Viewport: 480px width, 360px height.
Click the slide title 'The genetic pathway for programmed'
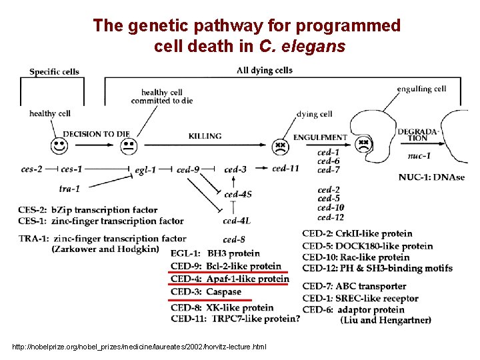(x=247, y=26)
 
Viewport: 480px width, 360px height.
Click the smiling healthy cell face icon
(x=60, y=145)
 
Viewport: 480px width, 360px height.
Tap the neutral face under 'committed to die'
(x=128, y=145)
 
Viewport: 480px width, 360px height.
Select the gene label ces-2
(x=31, y=169)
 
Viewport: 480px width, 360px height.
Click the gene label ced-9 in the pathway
(x=188, y=170)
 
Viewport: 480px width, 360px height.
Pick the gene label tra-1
(x=69, y=189)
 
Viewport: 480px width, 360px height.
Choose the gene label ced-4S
(x=237, y=195)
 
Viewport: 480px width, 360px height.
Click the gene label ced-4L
(x=237, y=221)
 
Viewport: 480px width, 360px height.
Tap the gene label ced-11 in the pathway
(x=286, y=169)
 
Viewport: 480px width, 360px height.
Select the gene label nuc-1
(x=419, y=156)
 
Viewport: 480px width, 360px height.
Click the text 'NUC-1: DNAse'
(x=431, y=177)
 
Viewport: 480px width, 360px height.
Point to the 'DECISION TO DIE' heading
(x=96, y=134)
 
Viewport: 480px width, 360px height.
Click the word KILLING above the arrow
(x=205, y=136)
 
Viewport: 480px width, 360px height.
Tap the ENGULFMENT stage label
(x=320, y=137)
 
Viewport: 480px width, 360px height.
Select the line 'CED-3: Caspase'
(x=205, y=291)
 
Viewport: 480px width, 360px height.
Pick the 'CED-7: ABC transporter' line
(x=354, y=287)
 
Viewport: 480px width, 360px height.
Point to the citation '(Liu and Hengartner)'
(x=385, y=321)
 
